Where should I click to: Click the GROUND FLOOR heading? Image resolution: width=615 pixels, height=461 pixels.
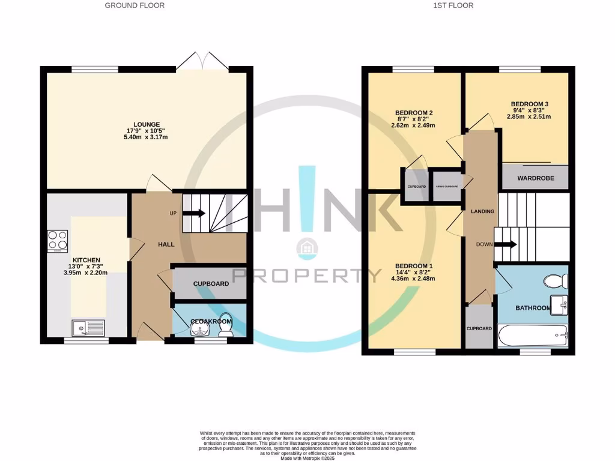135,5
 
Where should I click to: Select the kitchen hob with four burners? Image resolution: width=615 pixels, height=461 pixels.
58,241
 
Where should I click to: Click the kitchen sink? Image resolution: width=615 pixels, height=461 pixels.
87,328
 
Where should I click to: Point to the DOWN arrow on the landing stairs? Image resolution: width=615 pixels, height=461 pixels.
504,244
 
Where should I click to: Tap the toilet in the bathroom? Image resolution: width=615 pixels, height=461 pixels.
556,280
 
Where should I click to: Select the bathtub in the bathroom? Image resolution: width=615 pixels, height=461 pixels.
533,336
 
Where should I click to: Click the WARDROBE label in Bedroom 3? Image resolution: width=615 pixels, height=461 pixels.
535,179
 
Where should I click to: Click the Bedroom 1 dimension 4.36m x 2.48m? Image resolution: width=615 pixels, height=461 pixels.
414,278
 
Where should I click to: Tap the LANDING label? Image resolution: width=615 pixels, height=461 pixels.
482,211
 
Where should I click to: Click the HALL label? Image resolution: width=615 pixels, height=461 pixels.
166,244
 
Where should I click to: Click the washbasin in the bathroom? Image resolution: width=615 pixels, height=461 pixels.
560,306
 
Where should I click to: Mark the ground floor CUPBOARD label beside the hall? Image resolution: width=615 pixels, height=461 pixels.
211,283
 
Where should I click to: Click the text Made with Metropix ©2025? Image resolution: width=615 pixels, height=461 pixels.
307,457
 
